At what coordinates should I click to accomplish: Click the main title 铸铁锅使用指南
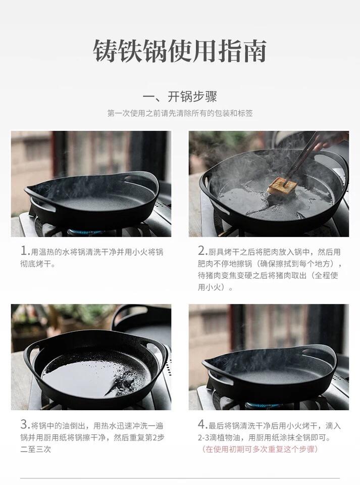(180, 51)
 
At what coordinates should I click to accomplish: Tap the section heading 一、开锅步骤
(180, 96)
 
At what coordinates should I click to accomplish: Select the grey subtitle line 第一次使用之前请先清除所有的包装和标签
(180, 113)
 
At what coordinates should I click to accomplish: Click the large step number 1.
(24, 251)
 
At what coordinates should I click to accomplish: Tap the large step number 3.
(24, 424)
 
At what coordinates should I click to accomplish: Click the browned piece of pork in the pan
(282, 186)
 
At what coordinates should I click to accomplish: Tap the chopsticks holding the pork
(302, 158)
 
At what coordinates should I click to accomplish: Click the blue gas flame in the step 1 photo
(85, 231)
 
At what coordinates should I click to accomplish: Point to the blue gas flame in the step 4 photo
(263, 405)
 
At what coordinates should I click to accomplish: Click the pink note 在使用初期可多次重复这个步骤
(260, 449)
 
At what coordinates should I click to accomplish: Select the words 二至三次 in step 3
(36, 449)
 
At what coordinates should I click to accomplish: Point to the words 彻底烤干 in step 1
(36, 264)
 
